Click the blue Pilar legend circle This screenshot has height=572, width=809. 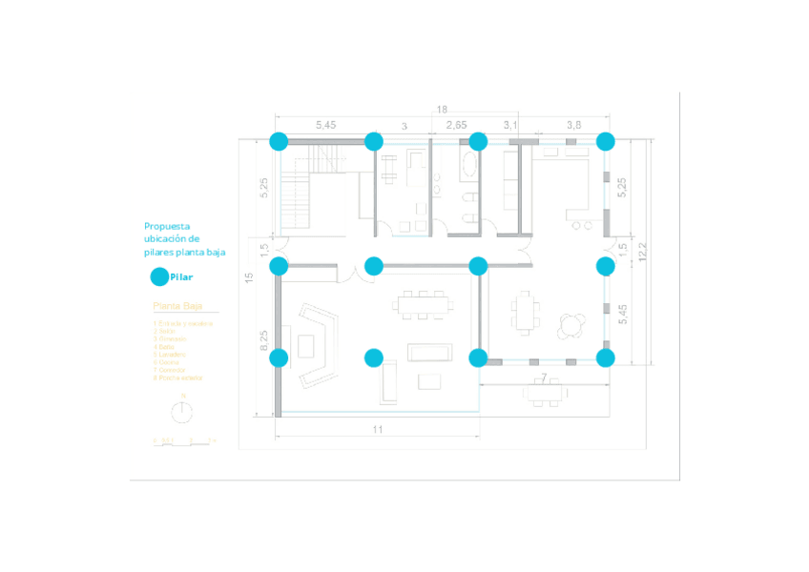[x=160, y=277]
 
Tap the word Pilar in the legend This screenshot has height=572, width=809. [x=181, y=277]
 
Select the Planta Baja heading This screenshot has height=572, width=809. [x=177, y=307]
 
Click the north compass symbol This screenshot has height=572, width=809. [x=182, y=412]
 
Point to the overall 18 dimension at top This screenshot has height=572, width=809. [x=442, y=110]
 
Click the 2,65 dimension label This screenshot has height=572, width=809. [x=456, y=126]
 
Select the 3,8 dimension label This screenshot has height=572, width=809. [x=574, y=126]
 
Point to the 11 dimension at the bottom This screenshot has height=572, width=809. [x=378, y=430]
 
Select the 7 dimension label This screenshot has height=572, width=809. [x=543, y=379]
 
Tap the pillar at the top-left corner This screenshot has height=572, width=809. [x=279, y=142]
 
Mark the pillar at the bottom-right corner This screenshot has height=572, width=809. [x=605, y=358]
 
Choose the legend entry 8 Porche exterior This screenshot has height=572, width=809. [x=179, y=378]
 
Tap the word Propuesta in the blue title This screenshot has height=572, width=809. [x=168, y=226]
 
